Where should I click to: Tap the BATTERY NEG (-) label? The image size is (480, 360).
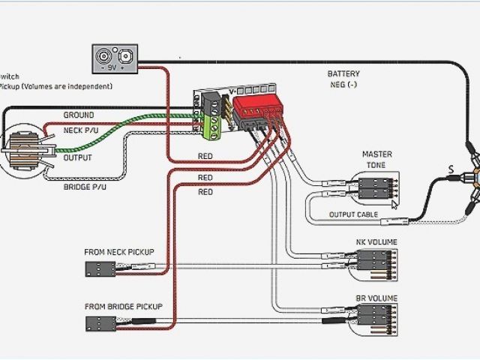coord(343,79)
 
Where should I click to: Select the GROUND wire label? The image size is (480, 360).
coord(78,115)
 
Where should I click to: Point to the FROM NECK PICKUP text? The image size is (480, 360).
coord(119,252)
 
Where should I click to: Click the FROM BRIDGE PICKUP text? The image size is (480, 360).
coord(122,307)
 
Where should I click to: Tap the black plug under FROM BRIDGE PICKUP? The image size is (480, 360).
coord(100,323)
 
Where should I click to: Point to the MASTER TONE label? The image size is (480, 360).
coord(377,160)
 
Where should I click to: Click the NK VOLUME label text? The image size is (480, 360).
coord(376,241)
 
